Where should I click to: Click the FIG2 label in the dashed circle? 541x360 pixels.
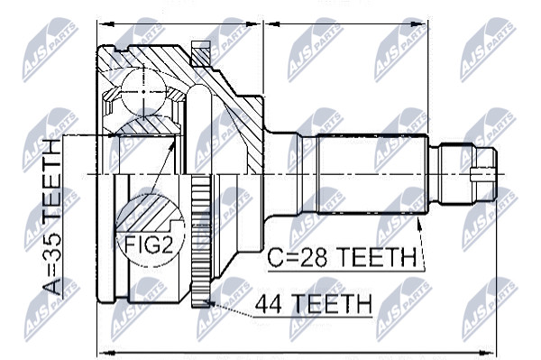[x=148, y=244]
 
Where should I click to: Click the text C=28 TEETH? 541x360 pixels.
[x=342, y=257]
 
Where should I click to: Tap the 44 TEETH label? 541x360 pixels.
[x=314, y=304]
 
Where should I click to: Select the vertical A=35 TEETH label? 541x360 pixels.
[x=52, y=217]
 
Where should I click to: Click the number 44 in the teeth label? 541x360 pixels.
[x=268, y=304]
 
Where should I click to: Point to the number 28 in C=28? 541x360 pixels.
[x=313, y=257]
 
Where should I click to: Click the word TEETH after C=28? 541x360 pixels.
[x=376, y=257]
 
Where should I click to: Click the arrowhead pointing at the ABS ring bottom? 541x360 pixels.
[x=208, y=303]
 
